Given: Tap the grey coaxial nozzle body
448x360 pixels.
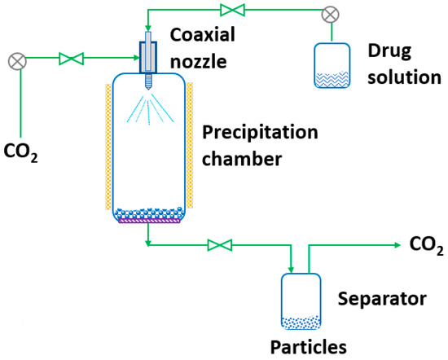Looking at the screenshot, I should click(x=148, y=58).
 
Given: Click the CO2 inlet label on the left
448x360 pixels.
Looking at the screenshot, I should click(x=22, y=151).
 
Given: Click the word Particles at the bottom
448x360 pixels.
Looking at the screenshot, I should click(x=310, y=346).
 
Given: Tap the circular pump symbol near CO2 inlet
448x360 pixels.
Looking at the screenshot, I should click(x=15, y=60).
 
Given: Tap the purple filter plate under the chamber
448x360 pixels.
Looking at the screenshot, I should click(x=149, y=218).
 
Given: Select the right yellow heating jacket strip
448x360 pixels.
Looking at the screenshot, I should click(x=191, y=151).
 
